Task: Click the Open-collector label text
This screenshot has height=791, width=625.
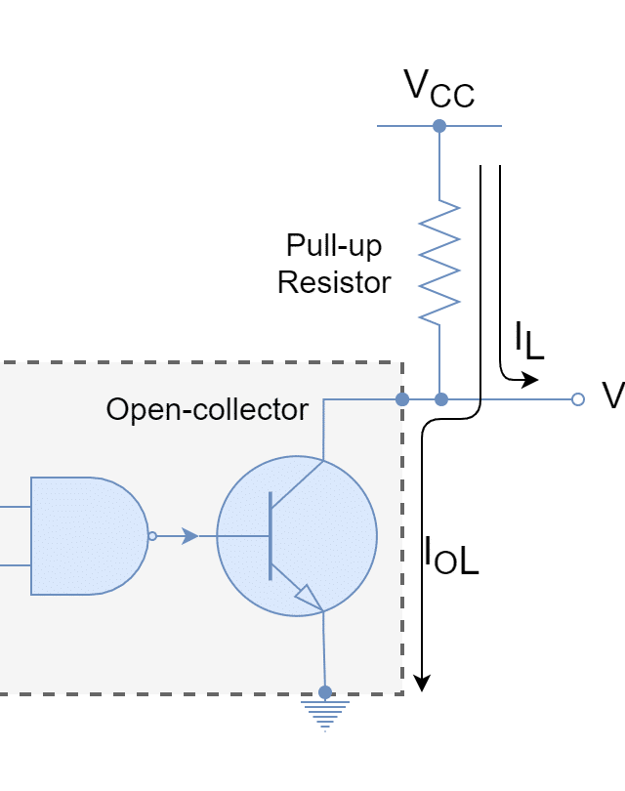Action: pos(207,410)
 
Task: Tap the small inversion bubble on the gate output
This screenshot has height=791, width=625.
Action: pos(152,536)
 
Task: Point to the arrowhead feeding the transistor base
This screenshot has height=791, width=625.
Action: pos(190,536)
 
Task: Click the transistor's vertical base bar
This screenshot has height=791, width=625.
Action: pos(271,536)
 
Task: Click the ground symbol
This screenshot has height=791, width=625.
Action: pos(324,716)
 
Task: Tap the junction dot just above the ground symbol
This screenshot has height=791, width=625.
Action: pos(325,692)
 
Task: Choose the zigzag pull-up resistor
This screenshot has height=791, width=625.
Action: pos(439,262)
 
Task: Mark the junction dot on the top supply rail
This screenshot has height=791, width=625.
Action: pos(439,126)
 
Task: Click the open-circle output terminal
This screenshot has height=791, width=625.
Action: pos(577,399)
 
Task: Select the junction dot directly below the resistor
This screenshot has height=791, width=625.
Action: pos(440,399)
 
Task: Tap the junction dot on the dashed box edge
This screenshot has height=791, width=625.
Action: pos(402,399)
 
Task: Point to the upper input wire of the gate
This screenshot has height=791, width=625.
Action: pos(15,508)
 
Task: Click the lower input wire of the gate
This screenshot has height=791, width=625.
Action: pos(15,564)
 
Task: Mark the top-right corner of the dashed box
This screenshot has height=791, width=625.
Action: pos(402,363)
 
